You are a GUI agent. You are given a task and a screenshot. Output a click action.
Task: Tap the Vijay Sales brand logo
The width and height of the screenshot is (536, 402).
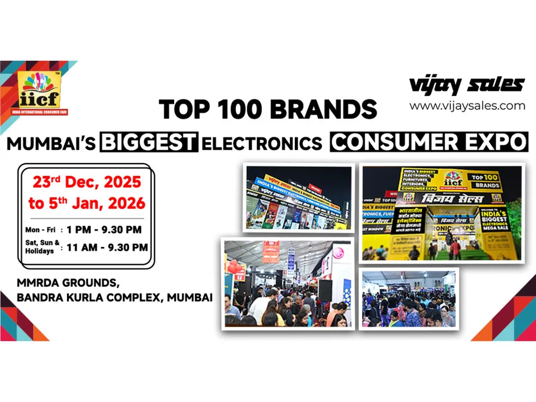click(x=467, y=85)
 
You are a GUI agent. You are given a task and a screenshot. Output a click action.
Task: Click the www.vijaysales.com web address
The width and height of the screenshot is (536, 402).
click(x=467, y=106)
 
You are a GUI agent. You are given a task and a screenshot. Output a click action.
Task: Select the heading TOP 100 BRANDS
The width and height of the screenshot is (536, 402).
click(x=268, y=109)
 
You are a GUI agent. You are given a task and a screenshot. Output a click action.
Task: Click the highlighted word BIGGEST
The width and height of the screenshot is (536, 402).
click(x=149, y=142)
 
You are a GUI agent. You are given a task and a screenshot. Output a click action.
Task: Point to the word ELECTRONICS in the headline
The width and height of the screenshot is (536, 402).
click(x=262, y=143)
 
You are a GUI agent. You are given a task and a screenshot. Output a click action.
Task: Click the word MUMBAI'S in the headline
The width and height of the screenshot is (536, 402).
click(x=52, y=143)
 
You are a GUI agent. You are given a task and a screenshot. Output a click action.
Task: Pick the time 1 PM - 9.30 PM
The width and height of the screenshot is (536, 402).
click(x=104, y=229)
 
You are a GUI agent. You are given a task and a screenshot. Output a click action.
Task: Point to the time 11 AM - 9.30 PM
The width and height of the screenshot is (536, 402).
click(x=107, y=247)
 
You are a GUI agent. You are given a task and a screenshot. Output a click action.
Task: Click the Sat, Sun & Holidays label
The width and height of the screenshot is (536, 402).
click(x=41, y=247)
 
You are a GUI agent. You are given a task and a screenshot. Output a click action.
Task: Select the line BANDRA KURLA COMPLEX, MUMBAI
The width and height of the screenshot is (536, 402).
click(x=114, y=298)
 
